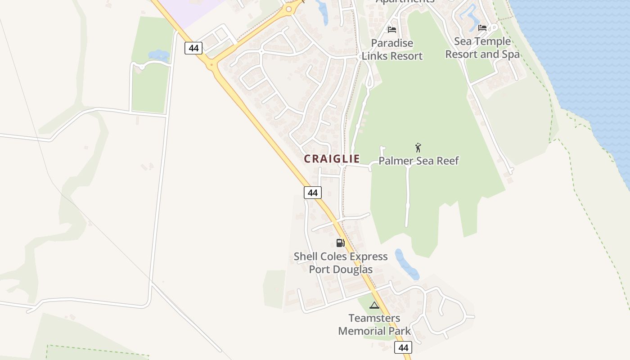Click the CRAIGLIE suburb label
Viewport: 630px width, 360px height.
[332, 159]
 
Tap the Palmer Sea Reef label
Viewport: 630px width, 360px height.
[418, 161]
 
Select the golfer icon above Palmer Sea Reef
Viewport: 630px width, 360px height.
[418, 148]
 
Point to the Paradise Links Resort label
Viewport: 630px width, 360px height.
[392, 49]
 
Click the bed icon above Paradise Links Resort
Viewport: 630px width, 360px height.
[392, 30]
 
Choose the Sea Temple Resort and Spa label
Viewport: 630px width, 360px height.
[482, 48]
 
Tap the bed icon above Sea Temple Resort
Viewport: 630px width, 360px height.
[482, 28]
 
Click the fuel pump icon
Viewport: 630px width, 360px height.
[340, 243]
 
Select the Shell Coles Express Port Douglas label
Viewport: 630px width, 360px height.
[341, 263]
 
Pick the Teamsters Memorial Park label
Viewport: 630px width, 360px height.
[374, 324]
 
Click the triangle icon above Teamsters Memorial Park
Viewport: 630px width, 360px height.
[374, 306]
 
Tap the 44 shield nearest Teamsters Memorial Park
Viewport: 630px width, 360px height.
[403, 347]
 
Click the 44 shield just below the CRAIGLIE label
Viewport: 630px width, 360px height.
[313, 193]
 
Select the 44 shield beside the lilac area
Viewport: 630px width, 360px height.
[193, 48]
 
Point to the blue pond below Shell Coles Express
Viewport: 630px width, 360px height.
[406, 265]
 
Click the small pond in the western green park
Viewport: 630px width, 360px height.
[158, 56]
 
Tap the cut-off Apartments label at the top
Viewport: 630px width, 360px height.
[405, 1]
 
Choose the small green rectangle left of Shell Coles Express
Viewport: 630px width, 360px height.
[274, 288]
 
